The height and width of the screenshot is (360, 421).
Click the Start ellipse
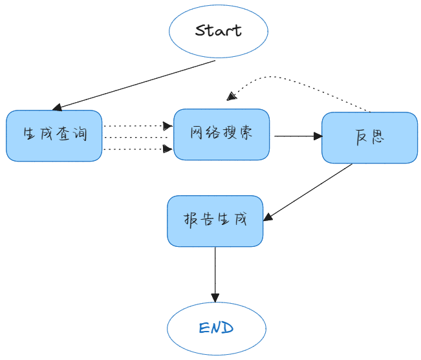pos(218,30)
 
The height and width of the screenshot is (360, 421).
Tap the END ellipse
pos(216,328)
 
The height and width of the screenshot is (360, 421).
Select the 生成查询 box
pos(54,136)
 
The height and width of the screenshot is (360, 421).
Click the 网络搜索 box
pos(221,134)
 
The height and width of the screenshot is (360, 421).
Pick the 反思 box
pos(369,138)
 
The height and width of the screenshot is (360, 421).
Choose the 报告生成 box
pos(215,220)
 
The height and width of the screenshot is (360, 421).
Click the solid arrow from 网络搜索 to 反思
pos(297,136)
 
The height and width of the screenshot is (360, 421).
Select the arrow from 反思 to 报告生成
pos(310,191)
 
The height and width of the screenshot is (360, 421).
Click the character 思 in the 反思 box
pos(378,138)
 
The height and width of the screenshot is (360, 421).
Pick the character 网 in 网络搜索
pos(197,133)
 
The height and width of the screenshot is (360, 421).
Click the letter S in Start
pos(201,30)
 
